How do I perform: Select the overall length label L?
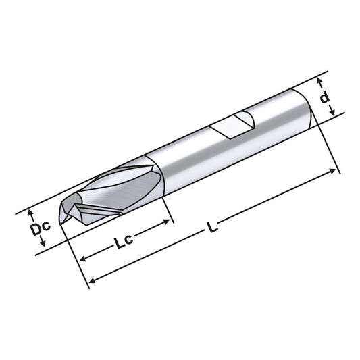213,228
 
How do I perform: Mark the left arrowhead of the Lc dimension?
82,259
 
